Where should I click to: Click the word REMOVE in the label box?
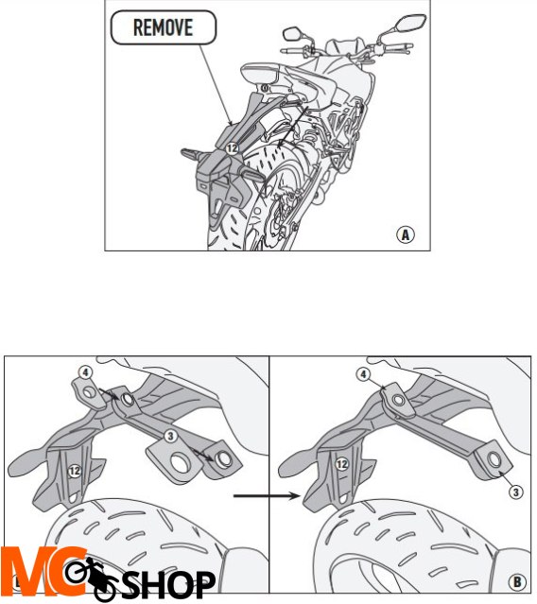pos(163,27)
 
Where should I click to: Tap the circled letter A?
pos(406,234)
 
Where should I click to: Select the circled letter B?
pos(517,581)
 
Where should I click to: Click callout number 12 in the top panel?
pos(232,147)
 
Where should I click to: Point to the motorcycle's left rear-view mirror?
pos(293,33)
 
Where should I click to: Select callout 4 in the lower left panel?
pos(85,372)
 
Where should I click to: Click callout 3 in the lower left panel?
pos(170,436)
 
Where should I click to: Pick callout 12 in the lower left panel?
pos(75,471)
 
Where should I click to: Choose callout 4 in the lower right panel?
pos(363,374)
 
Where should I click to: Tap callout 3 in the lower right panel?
pos(516,492)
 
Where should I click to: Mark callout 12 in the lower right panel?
pos(342,464)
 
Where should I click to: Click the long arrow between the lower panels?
pos(267,495)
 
